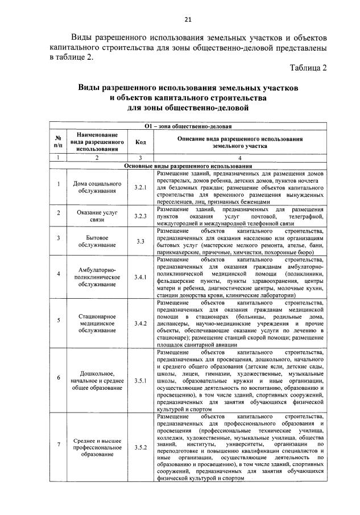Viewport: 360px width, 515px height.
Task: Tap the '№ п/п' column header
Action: (58, 142)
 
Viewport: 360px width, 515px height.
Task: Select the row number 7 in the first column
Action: (58, 444)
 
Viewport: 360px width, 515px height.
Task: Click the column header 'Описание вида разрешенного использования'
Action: (239, 142)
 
